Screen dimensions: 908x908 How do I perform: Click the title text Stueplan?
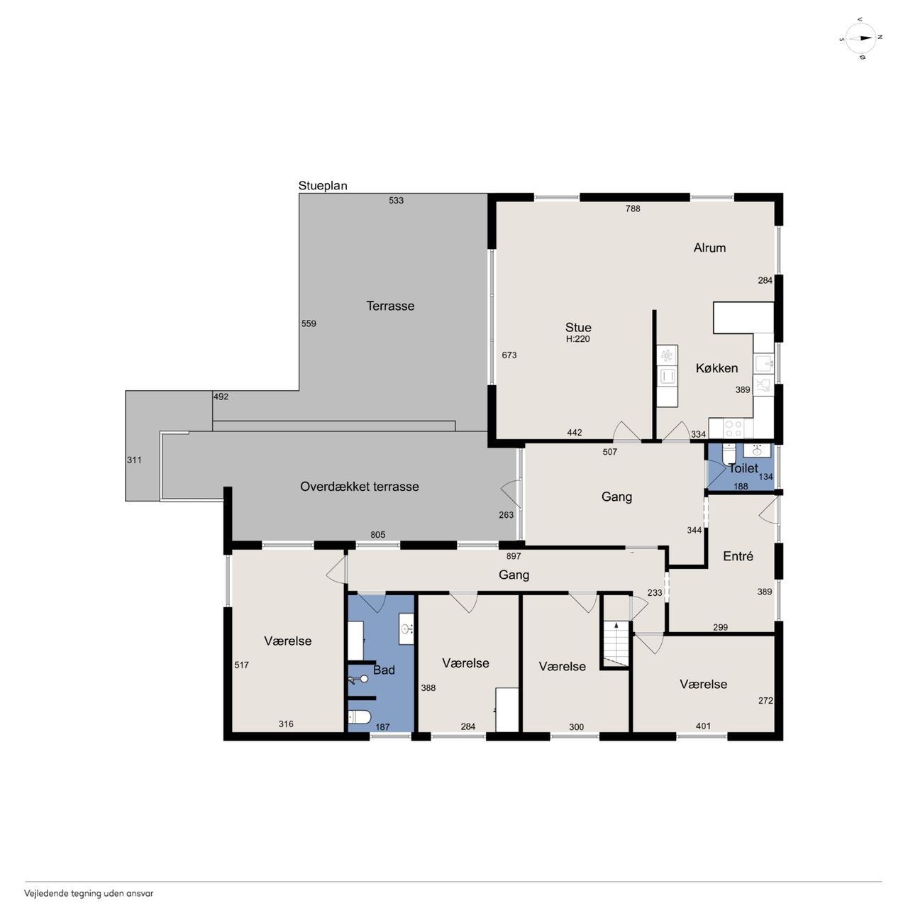323,186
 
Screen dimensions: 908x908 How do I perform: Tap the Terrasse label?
390,306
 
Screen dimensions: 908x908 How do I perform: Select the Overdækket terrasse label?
360,487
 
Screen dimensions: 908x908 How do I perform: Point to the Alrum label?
709,248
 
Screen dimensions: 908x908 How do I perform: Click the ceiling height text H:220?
577,339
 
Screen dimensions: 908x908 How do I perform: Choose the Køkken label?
716,368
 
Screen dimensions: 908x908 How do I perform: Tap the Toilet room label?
743,468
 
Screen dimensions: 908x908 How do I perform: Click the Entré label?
738,556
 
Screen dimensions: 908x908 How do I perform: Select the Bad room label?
384,670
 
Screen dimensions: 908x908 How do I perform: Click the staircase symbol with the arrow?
616,643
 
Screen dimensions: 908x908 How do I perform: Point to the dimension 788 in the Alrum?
632,209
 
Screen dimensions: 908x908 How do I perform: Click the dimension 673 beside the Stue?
509,355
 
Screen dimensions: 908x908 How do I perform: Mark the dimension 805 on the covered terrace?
377,534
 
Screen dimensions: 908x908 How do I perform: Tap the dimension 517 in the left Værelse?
241,665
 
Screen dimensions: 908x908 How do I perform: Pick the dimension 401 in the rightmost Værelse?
702,726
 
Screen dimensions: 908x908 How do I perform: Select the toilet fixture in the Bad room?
359,717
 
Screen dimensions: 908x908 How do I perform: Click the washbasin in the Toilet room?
757,450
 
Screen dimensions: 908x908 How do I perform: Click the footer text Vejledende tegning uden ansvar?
89,893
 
